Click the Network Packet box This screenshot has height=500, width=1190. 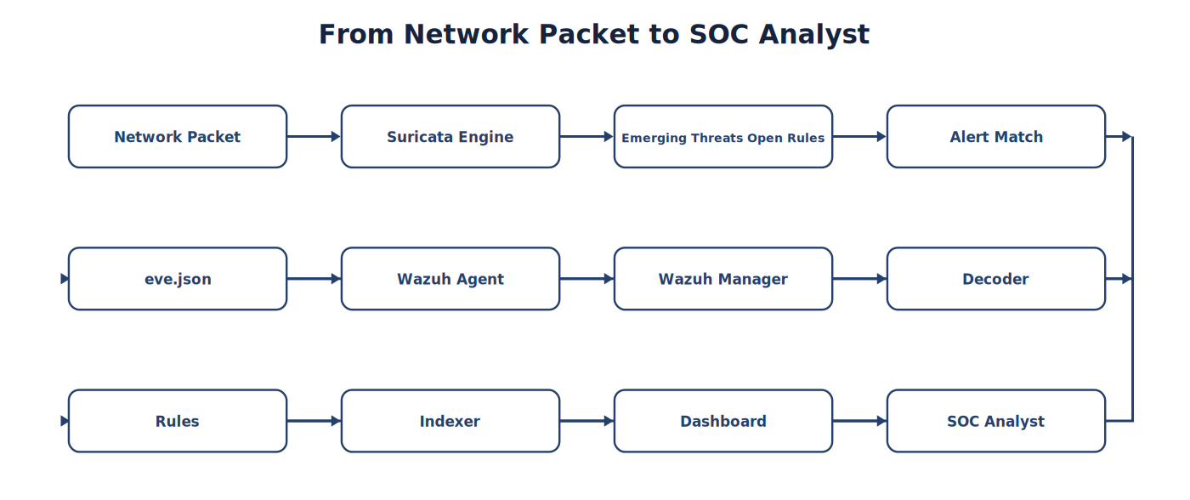(x=178, y=137)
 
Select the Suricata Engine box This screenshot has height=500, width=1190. (x=450, y=137)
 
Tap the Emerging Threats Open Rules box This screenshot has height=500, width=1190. (x=723, y=137)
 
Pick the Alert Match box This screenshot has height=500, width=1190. (x=996, y=137)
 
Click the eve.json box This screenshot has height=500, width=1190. (x=178, y=279)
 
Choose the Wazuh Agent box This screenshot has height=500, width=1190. (x=450, y=279)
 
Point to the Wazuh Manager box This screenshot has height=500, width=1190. (x=723, y=279)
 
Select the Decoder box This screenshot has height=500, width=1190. (x=996, y=279)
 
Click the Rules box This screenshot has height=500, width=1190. (x=178, y=421)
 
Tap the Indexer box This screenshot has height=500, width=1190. (x=450, y=421)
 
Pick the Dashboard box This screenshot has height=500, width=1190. (x=723, y=421)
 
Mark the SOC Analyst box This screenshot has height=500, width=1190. (x=996, y=421)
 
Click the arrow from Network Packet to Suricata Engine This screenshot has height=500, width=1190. (x=314, y=137)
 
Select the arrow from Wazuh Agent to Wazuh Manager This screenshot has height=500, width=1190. (x=587, y=279)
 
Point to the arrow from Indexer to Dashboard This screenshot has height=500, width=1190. (x=587, y=421)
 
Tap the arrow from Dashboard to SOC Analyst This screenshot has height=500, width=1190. (x=859, y=421)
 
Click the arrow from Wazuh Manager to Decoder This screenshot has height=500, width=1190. (x=859, y=279)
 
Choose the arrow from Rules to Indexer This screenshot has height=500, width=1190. (x=314, y=421)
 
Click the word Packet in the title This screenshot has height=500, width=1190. (x=589, y=35)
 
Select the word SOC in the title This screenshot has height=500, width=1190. (x=719, y=35)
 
